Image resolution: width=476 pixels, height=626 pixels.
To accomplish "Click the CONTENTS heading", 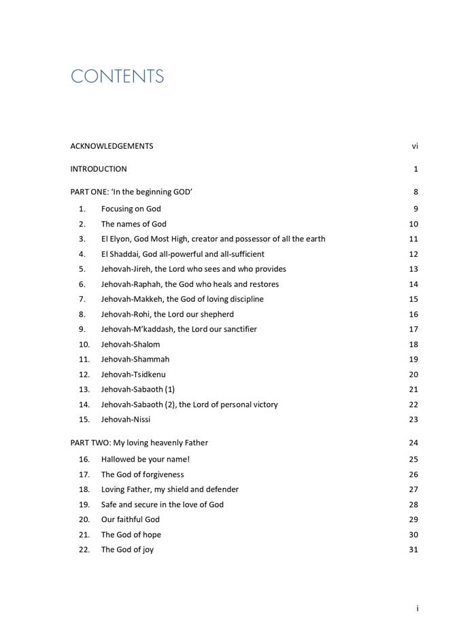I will (x=118, y=76).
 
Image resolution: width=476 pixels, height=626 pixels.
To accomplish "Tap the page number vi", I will (x=415, y=146).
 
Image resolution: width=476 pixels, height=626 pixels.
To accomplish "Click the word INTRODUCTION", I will (x=99, y=169).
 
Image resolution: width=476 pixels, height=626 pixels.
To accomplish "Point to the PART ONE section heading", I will (x=131, y=192).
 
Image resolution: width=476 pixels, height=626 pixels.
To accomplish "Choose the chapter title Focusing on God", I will (x=131, y=209).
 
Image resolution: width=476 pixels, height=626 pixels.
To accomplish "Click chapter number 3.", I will (x=82, y=239).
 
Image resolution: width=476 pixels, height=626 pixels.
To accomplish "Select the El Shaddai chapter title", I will (x=183, y=254).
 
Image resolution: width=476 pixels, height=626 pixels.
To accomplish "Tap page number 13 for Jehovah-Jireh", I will (x=413, y=269).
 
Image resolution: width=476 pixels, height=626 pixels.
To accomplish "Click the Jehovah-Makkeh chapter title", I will (x=182, y=299).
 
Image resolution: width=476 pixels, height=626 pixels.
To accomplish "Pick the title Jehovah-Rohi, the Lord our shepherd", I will (x=167, y=314).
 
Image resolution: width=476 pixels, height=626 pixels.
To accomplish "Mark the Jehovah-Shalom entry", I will (x=131, y=345).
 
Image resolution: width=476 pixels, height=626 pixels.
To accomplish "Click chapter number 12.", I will (x=84, y=375).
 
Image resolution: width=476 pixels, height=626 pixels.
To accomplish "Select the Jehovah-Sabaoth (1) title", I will (x=138, y=389).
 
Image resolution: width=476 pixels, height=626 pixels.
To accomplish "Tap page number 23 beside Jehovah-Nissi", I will (x=413, y=419).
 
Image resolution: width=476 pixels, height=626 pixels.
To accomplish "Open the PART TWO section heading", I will (x=139, y=443).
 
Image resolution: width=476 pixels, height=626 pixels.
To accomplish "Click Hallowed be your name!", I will (x=141, y=459).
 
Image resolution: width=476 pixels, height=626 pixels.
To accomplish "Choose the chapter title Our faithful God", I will (x=131, y=519).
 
